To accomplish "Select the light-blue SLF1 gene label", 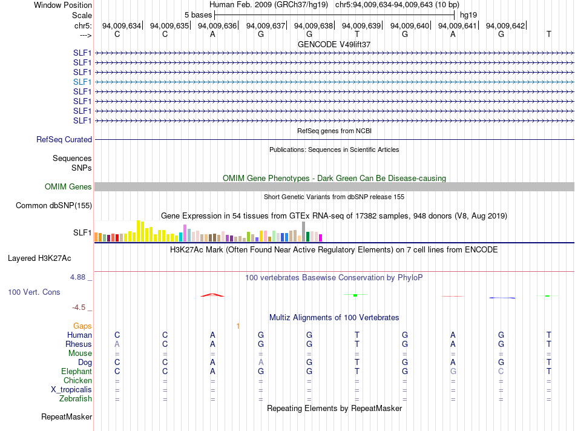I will pos(82,82).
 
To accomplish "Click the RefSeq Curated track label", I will pos(64,139).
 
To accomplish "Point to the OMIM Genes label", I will pos(68,187).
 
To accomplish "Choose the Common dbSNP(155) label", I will pos(54,206).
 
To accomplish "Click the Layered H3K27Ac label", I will pos(39,258).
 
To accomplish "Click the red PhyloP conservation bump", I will pos(212,295).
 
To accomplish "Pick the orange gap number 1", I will pos(238,326).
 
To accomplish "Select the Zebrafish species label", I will pos(76,398).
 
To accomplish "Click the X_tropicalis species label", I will pos(71,389).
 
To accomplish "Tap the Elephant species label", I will pos(76,371).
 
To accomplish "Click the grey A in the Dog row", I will pos(261,362).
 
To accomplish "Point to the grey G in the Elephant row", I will pos(453,371).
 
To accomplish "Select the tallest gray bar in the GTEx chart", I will pos(303,231).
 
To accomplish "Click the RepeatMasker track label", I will pos(67,416).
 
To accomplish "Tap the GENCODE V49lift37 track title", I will pos(334,45).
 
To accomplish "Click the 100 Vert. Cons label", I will pos(34,292).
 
